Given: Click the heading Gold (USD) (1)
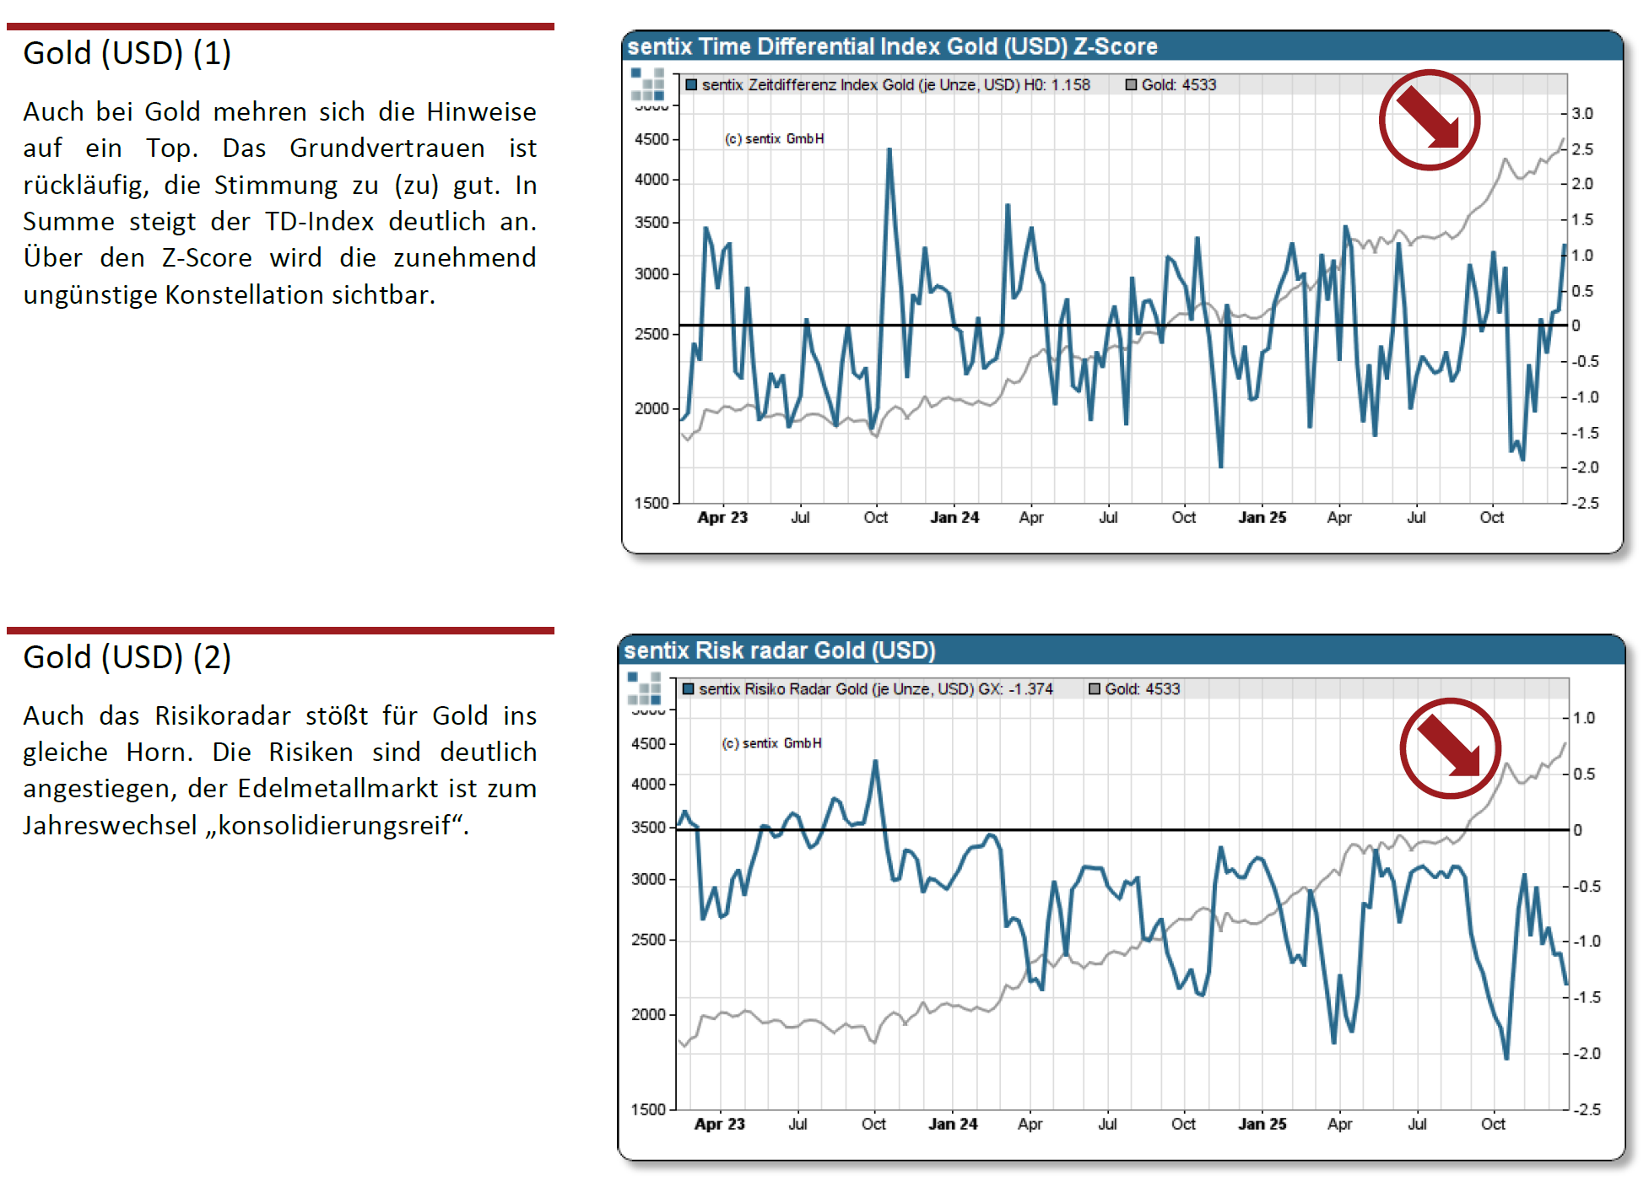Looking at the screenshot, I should pyautogui.click(x=127, y=53).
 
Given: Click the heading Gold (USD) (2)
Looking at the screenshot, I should pyautogui.click(x=127, y=657).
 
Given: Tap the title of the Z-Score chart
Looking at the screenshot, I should pyautogui.click(x=892, y=46).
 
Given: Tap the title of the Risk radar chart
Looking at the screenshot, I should pyautogui.click(x=780, y=650).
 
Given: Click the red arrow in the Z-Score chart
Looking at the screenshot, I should pyautogui.click(x=1429, y=120).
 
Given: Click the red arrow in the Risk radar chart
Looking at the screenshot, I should pyautogui.click(x=1449, y=747).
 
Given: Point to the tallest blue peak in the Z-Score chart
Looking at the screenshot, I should pyautogui.click(x=889, y=151).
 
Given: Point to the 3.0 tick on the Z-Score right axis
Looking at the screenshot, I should pyautogui.click(x=1582, y=113).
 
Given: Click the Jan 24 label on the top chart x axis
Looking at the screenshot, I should pyautogui.click(x=954, y=517).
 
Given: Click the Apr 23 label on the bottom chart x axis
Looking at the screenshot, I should pyautogui.click(x=719, y=1124).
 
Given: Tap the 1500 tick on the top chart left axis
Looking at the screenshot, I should pyautogui.click(x=651, y=503).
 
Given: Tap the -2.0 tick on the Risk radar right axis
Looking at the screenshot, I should pyautogui.click(x=1587, y=1053).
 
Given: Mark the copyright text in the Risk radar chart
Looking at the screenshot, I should pyautogui.click(x=771, y=743).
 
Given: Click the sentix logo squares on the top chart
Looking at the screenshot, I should pyautogui.click(x=647, y=84).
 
